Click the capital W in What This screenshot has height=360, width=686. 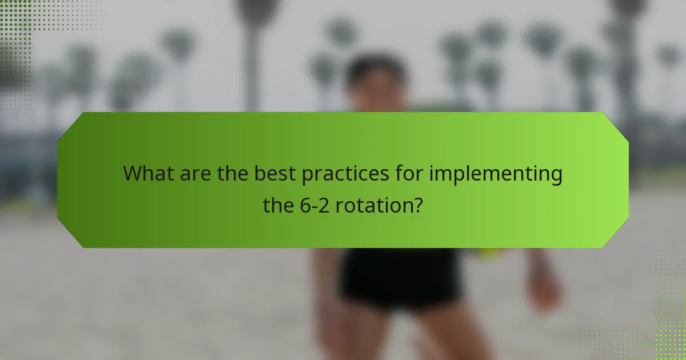[133, 173]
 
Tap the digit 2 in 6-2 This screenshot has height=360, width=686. [328, 205]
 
